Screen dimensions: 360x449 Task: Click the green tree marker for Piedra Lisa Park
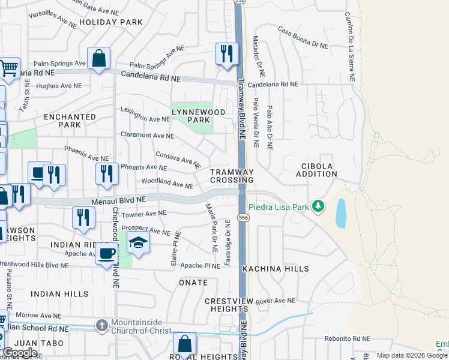[x=318, y=207]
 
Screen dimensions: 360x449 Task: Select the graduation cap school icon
[x=138, y=243]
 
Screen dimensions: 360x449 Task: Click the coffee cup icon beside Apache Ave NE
[x=107, y=253]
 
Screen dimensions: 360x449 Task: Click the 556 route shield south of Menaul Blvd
[x=243, y=217]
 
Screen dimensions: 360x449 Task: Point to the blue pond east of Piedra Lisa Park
[x=340, y=214]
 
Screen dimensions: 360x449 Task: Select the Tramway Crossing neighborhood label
[x=232, y=176]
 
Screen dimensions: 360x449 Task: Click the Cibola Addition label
[x=316, y=170]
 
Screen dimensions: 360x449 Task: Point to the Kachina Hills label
[x=276, y=269]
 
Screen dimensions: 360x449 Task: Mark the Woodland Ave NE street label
[x=167, y=183]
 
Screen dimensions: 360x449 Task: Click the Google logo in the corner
[x=20, y=353]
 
